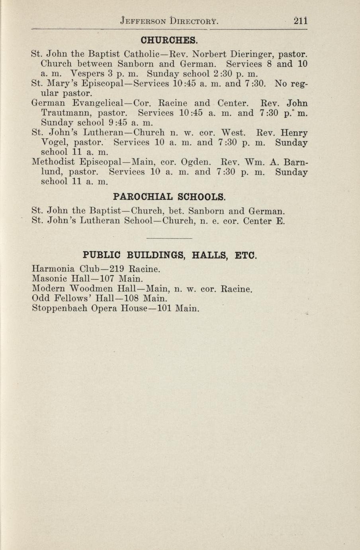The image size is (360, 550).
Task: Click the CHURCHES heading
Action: tap(169, 40)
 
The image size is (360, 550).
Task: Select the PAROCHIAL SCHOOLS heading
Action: tap(169, 197)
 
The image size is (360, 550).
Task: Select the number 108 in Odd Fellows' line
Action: tap(131, 298)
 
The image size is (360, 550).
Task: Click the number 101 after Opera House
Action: tap(164, 308)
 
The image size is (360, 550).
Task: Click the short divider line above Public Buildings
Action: tap(169, 238)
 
